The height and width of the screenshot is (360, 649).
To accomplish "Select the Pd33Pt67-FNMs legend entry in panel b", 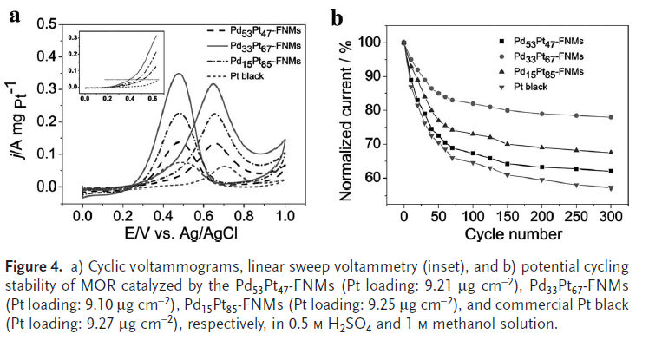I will tap(549, 56).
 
